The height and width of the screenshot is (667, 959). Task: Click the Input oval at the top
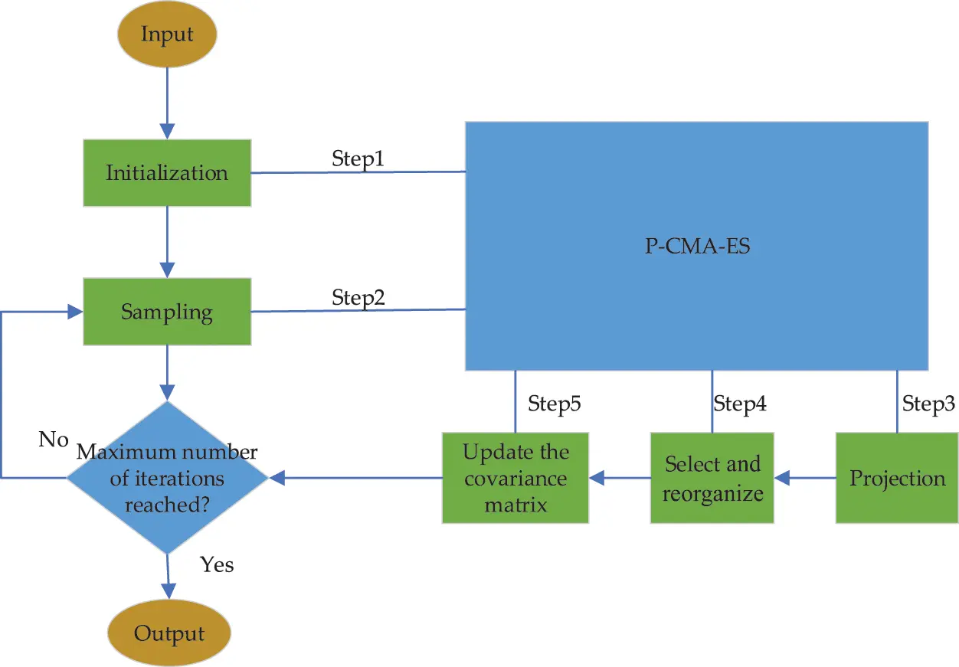click(167, 34)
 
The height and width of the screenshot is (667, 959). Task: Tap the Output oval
click(169, 633)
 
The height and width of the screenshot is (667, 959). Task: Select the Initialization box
click(167, 172)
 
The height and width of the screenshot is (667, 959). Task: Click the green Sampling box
click(167, 312)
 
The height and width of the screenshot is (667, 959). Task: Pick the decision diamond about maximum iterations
click(167, 478)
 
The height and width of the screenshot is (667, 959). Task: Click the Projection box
click(897, 479)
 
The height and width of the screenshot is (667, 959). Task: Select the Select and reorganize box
click(712, 479)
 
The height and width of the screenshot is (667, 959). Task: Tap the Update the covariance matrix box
click(516, 479)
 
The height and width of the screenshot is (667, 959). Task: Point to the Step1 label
click(358, 159)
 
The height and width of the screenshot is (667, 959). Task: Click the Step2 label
click(358, 297)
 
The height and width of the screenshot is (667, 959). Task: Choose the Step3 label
click(928, 403)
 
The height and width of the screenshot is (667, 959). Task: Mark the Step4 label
click(740, 403)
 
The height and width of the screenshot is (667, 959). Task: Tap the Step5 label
click(554, 403)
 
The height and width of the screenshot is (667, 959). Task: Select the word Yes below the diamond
click(217, 565)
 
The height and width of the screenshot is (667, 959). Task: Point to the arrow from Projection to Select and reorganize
click(804, 479)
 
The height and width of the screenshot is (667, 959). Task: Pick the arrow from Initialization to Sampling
click(167, 241)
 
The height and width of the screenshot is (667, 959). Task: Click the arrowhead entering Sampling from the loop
click(75, 312)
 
